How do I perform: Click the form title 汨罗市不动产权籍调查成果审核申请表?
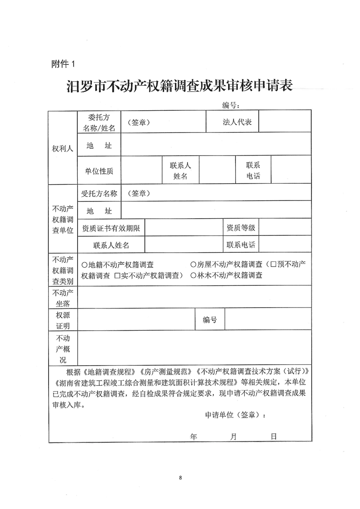click(180, 86)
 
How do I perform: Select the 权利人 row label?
click(63, 148)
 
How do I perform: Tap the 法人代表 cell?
click(237, 122)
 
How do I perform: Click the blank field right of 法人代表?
click(285, 122)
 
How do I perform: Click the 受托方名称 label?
click(99, 193)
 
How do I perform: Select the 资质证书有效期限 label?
click(111, 228)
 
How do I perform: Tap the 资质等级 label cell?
click(241, 228)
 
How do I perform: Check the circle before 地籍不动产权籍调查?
click(84, 264)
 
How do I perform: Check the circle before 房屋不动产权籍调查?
click(193, 264)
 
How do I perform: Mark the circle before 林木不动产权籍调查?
click(193, 275)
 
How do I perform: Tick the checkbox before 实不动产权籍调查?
click(117, 275)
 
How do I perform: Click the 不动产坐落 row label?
click(63, 297)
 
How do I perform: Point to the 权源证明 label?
click(63, 320)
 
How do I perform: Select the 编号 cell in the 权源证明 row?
click(210, 320)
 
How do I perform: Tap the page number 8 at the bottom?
click(180, 478)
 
